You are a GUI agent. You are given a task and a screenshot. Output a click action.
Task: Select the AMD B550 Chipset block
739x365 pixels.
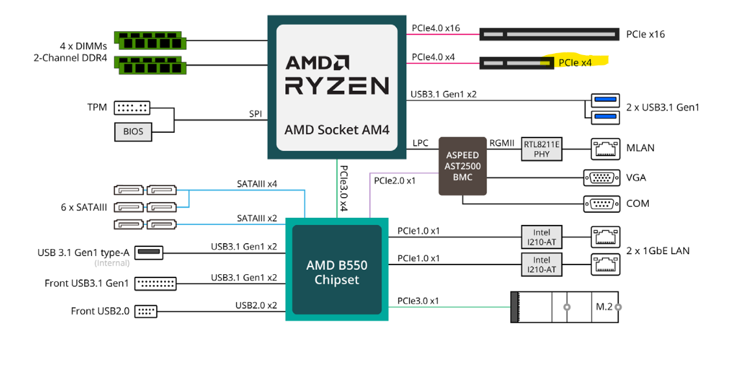(x=336, y=272)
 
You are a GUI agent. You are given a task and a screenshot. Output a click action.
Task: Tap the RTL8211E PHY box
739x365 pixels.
(x=541, y=149)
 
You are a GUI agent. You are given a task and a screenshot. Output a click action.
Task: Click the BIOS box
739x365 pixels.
(x=133, y=132)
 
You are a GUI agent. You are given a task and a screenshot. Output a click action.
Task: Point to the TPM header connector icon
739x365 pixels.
(x=132, y=108)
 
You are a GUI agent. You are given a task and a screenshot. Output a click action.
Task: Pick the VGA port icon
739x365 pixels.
(x=602, y=178)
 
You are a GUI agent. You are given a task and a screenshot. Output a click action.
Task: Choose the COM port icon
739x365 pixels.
(x=602, y=204)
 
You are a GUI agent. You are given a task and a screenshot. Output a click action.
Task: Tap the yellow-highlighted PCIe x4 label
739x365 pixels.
(x=576, y=62)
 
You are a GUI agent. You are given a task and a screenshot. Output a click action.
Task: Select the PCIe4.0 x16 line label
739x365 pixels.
(x=436, y=29)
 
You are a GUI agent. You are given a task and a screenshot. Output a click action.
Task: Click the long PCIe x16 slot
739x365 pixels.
(x=549, y=33)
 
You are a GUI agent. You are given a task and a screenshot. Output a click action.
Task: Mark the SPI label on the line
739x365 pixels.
(x=255, y=113)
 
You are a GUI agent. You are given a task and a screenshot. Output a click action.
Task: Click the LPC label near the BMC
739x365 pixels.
(x=420, y=143)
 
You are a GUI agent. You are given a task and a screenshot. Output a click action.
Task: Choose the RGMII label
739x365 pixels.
(x=503, y=143)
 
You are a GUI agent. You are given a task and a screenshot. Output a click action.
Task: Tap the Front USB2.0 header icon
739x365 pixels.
(x=146, y=311)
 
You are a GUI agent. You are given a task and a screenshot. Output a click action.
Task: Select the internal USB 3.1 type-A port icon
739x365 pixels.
(x=150, y=252)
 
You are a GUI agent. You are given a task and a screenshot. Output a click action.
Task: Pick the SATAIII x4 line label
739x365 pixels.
(x=257, y=184)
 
